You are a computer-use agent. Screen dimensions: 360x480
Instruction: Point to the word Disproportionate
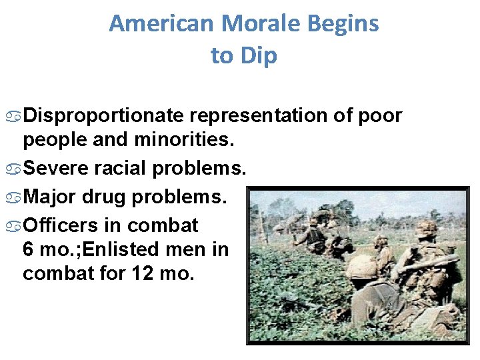103,116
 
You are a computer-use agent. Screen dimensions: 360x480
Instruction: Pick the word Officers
63,225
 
